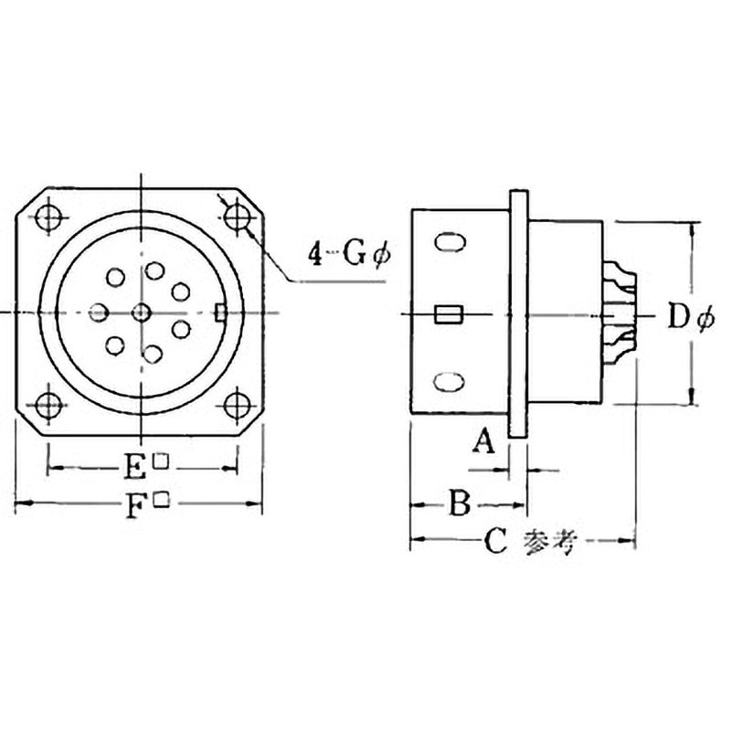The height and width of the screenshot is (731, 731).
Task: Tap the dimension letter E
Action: click(x=135, y=468)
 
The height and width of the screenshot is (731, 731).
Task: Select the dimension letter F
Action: click(x=135, y=505)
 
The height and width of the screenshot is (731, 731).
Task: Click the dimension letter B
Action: click(x=461, y=503)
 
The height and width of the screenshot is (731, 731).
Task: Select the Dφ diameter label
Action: click(x=690, y=318)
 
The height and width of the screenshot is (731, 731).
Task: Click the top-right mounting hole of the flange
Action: click(x=238, y=217)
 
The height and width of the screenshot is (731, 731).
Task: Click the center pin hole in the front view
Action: click(x=140, y=313)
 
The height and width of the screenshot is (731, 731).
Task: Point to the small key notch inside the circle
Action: click(x=220, y=313)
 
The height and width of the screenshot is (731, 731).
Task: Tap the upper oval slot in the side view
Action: click(x=448, y=244)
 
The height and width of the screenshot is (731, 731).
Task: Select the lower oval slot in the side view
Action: click(x=448, y=381)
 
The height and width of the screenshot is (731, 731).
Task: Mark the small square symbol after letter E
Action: click(x=161, y=461)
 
